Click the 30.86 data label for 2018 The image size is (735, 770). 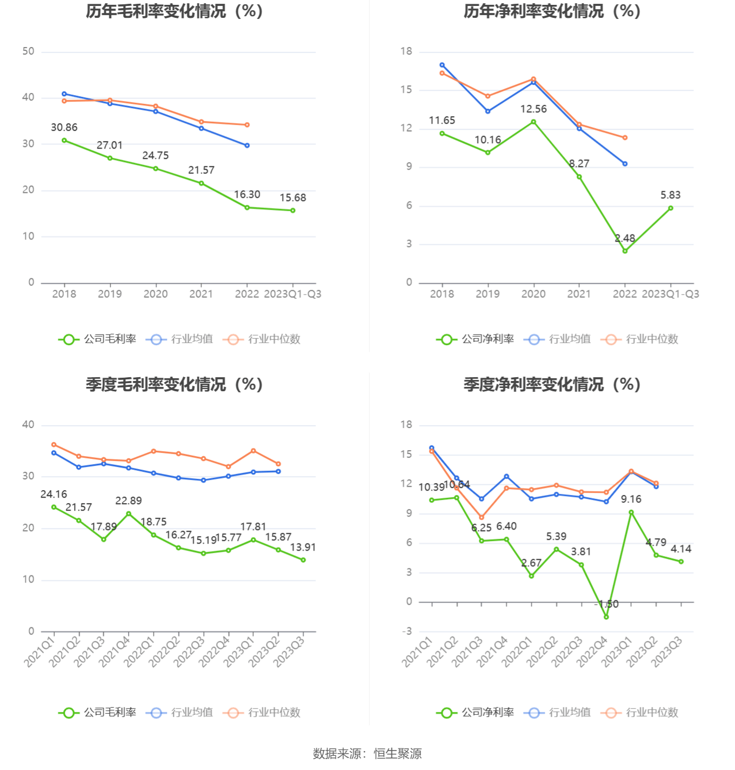(x=64, y=128)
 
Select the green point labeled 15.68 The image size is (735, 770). (x=293, y=210)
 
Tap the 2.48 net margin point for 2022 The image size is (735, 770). (x=625, y=251)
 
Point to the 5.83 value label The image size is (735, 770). (x=670, y=195)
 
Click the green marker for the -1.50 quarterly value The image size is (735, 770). (x=606, y=617)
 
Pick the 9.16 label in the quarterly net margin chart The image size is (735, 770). (x=631, y=499)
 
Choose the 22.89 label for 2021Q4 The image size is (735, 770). (x=129, y=501)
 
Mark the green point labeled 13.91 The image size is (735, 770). (x=303, y=560)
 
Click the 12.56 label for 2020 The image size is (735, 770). (x=533, y=109)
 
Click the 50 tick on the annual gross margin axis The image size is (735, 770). (x=28, y=51)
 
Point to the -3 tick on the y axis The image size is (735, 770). (x=406, y=631)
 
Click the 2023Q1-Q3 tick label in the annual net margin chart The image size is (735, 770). (x=670, y=294)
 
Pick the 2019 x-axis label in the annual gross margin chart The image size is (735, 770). (x=110, y=294)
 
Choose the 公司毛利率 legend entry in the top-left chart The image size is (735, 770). (x=98, y=339)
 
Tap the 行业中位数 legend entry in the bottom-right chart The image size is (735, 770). (x=639, y=713)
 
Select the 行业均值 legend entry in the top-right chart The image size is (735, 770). (x=558, y=339)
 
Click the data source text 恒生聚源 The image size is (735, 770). (x=398, y=754)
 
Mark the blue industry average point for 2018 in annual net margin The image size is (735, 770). (x=442, y=65)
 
